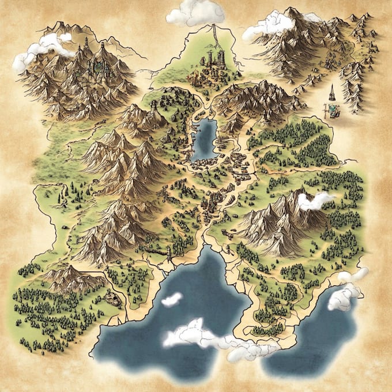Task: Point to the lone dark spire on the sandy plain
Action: tap(333, 92)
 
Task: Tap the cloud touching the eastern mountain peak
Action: tap(315, 201)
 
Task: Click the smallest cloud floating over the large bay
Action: tap(171, 299)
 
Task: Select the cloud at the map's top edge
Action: tap(195, 12)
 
